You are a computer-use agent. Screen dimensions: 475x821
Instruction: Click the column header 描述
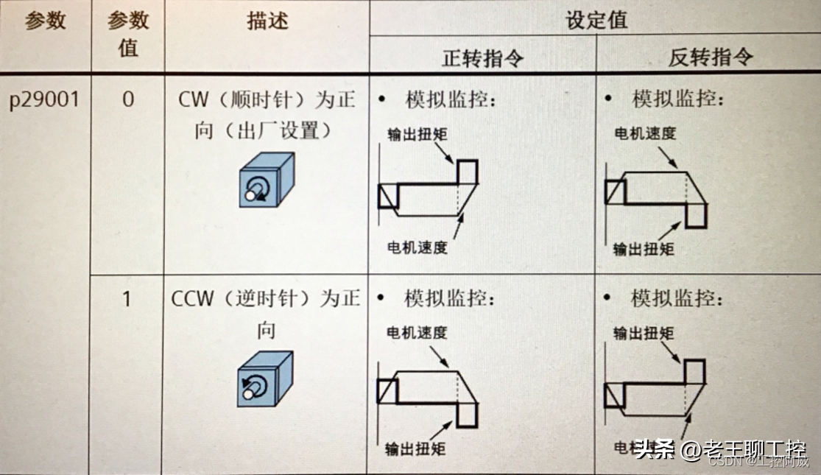267,21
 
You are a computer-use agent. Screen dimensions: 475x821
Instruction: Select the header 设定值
596,19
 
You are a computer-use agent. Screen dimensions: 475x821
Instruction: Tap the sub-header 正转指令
482,58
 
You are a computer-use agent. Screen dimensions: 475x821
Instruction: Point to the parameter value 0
128,99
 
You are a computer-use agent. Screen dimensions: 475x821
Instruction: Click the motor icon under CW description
267,180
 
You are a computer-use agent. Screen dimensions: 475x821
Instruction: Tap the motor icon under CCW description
265,379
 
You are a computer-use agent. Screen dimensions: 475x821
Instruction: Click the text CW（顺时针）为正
267,99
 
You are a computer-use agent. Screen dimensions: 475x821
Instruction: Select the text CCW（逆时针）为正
267,299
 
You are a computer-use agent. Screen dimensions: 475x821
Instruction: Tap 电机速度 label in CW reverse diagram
645,133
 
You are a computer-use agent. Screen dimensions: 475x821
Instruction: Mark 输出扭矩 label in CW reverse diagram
644,249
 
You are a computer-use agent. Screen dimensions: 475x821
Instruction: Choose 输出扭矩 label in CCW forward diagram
415,448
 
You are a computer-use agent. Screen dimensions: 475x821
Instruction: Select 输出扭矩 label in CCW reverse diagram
644,333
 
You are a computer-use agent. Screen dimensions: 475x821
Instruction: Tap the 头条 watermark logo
655,448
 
